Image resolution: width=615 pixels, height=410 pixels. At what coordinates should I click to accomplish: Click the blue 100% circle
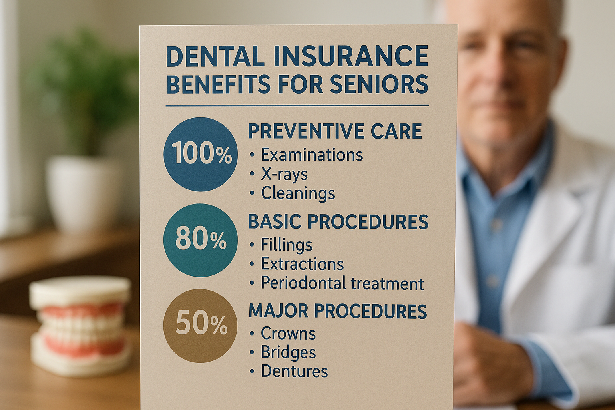[201, 154]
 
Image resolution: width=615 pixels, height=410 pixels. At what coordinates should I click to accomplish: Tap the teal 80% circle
[201, 240]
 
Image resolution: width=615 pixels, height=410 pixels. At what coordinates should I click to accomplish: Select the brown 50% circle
[201, 326]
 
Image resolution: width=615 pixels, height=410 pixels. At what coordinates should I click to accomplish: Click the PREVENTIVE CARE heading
[335, 131]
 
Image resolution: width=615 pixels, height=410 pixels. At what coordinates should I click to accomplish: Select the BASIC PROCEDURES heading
[338, 221]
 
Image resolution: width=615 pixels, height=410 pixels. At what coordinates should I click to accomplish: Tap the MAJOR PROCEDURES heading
[338, 311]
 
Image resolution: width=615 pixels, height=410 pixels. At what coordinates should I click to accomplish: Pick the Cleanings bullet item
[292, 193]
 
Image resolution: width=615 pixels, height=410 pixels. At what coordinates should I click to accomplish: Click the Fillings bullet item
[281, 245]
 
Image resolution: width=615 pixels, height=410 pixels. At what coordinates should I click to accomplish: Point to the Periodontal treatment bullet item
[337, 283]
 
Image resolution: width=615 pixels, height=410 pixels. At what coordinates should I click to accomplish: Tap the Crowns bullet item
[283, 334]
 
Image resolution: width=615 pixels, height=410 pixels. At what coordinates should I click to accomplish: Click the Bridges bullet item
[283, 352]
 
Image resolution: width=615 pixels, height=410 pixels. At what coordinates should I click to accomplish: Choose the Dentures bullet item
[289, 371]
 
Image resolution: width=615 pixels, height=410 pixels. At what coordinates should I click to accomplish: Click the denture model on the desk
[80, 326]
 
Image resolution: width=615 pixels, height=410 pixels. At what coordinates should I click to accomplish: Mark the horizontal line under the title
[297, 105]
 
